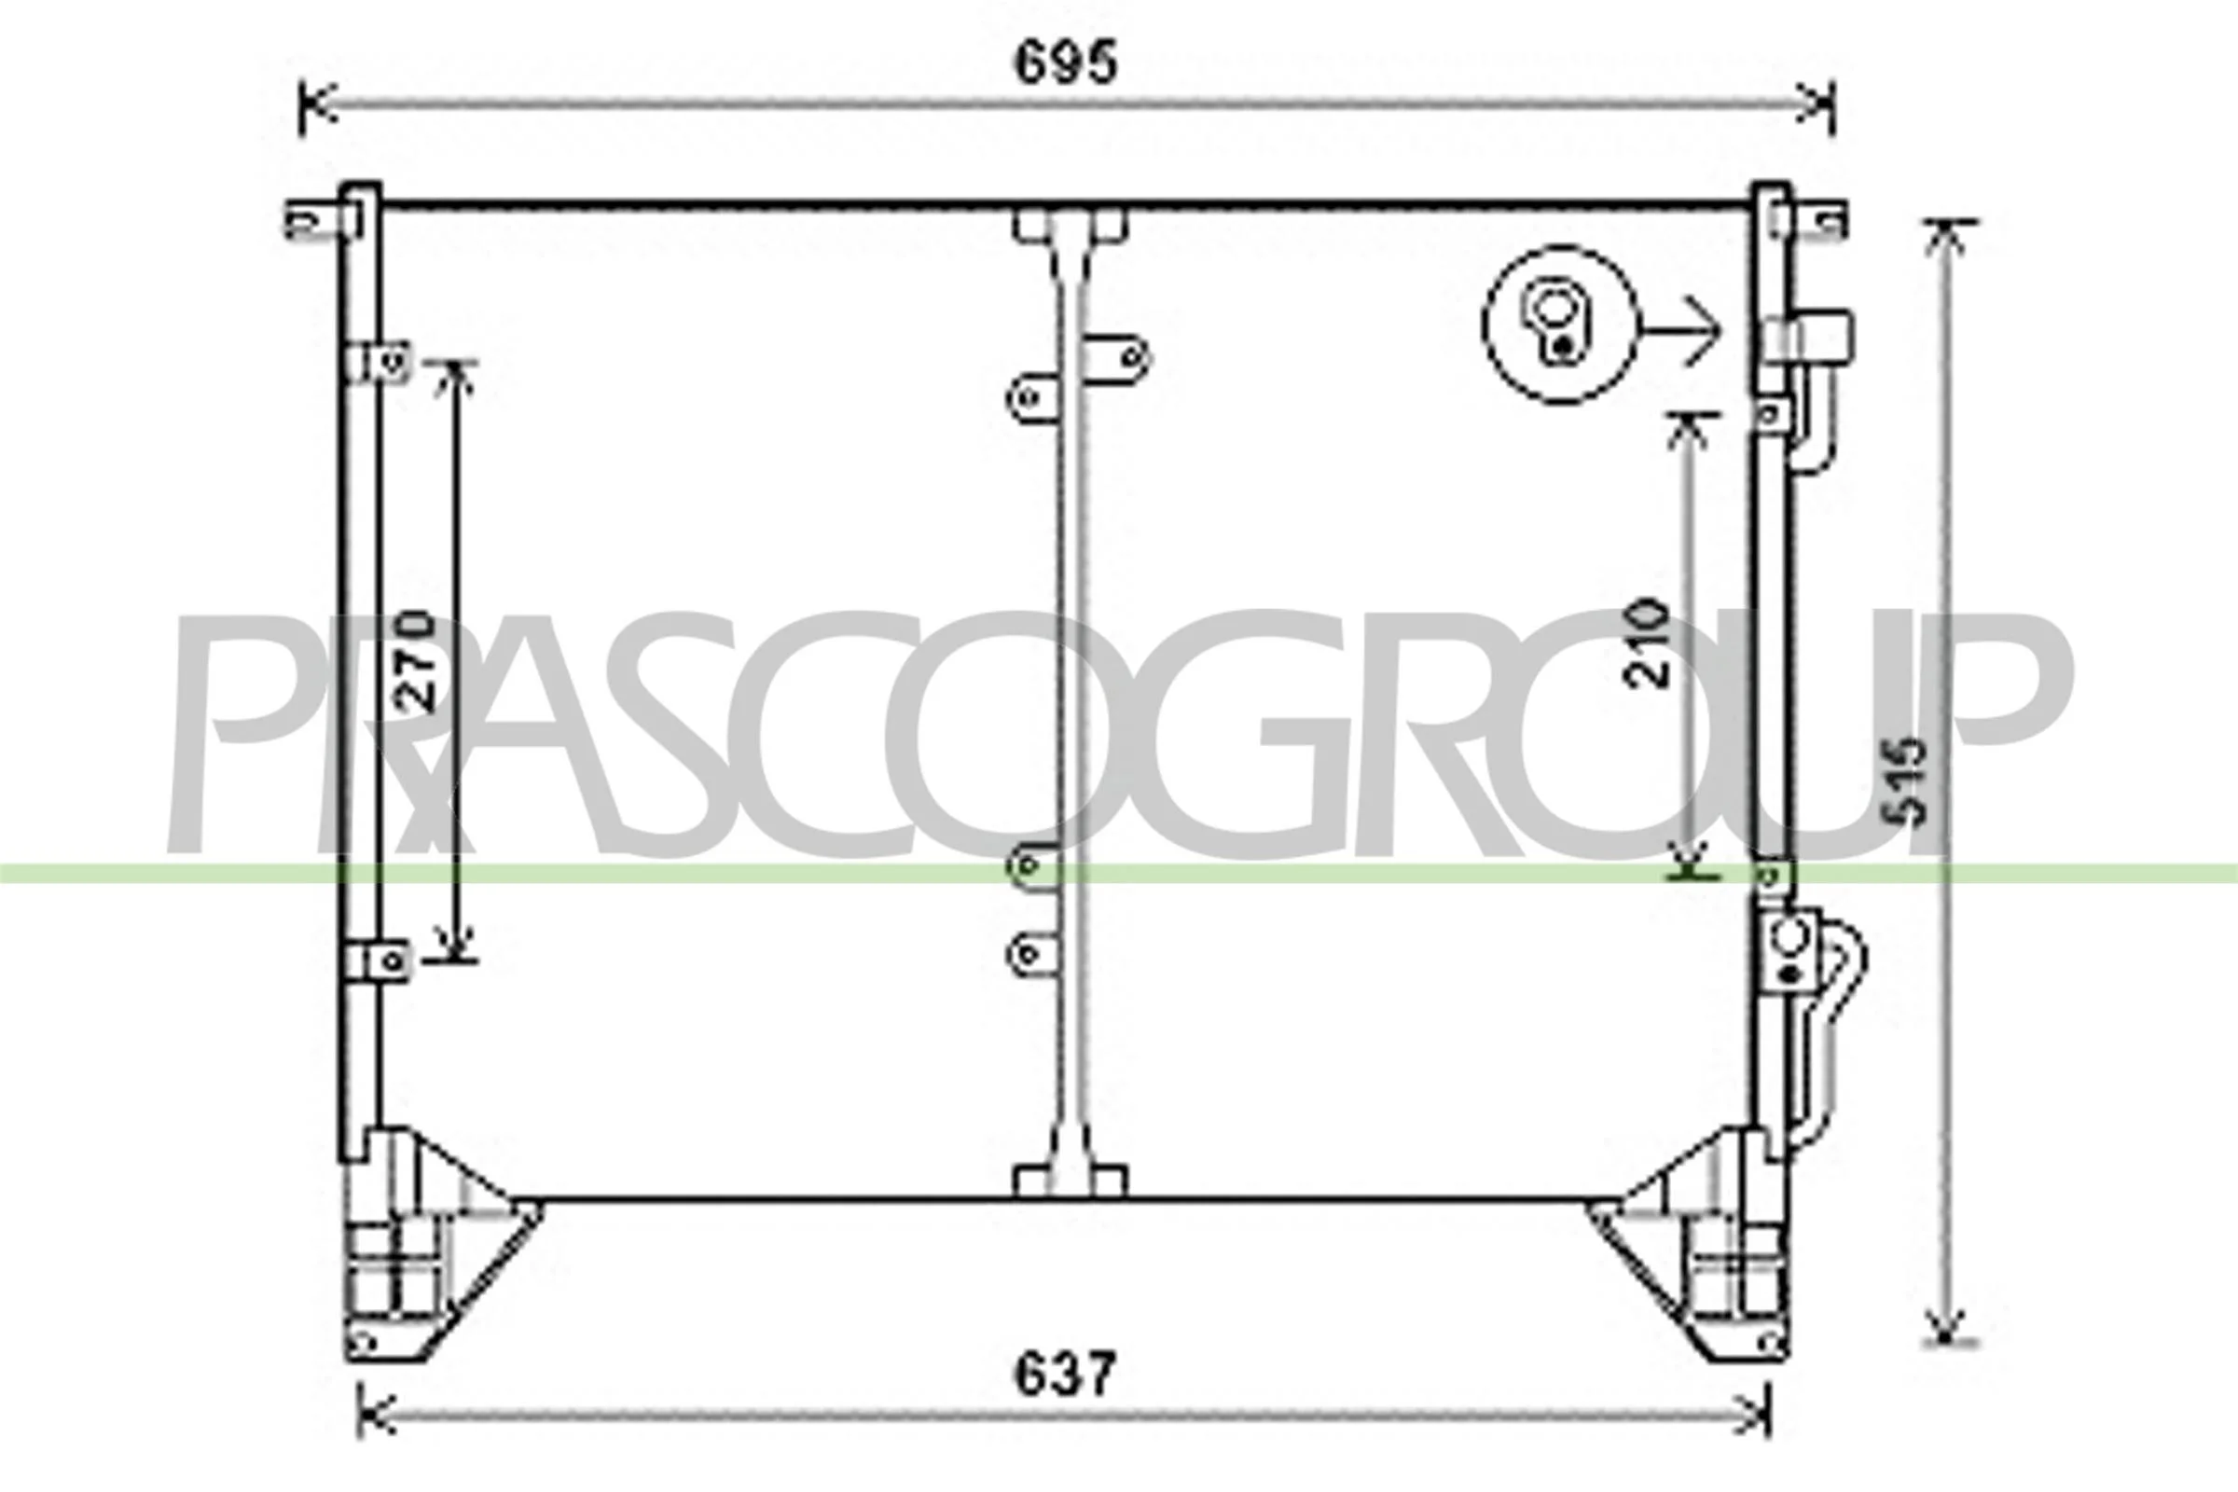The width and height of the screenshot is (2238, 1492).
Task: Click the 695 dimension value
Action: click(1065, 63)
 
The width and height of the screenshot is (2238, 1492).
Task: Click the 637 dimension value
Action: click(1064, 1373)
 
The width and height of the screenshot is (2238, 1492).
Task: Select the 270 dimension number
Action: click(415, 660)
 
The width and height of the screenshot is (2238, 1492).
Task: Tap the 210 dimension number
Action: click(1647, 642)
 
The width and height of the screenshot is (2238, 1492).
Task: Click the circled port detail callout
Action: click(1560, 325)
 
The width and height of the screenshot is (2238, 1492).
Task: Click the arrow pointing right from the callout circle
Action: click(1682, 330)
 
